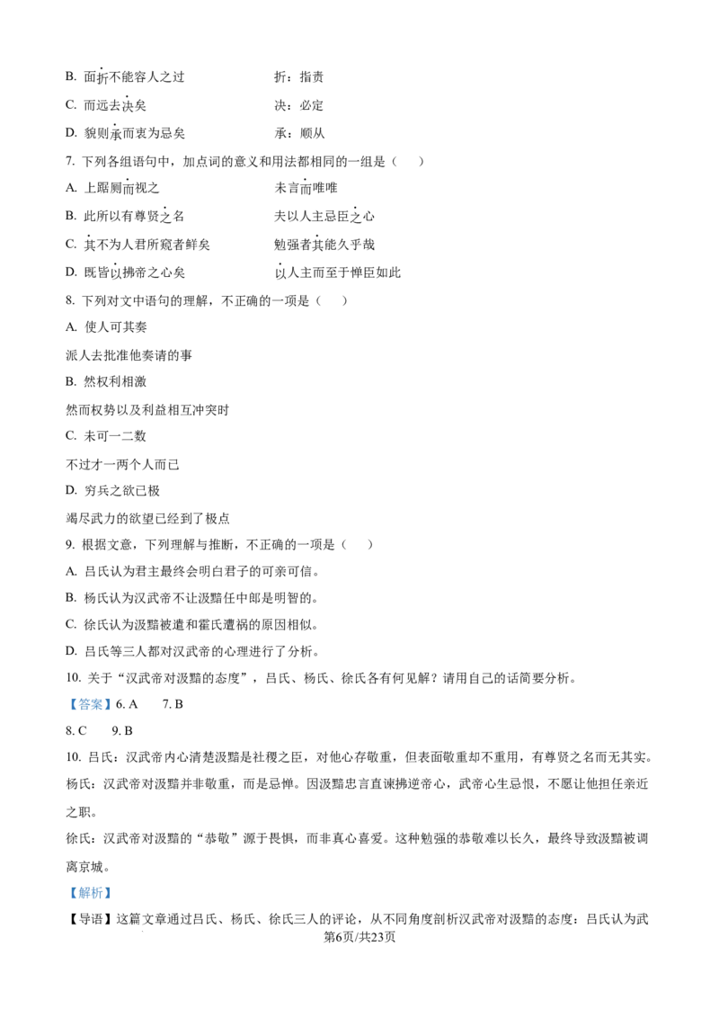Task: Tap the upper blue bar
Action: [x=90, y=705]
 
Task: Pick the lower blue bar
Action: [x=90, y=892]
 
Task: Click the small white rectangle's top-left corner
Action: [x=252, y=554]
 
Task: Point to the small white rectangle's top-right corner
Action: [x=266, y=554]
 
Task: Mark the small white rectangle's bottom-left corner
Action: [x=252, y=561]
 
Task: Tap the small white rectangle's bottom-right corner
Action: [x=266, y=561]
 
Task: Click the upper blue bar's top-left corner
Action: [x=65, y=698]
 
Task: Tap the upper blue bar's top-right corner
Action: [x=115, y=698]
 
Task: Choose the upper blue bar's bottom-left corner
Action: [x=65, y=712]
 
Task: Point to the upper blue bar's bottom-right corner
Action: [x=115, y=712]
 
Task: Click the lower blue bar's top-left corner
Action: [x=65, y=885]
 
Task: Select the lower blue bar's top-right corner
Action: [x=115, y=885]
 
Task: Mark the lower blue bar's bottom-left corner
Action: [x=65, y=899]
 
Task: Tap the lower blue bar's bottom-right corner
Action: [x=115, y=899]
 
